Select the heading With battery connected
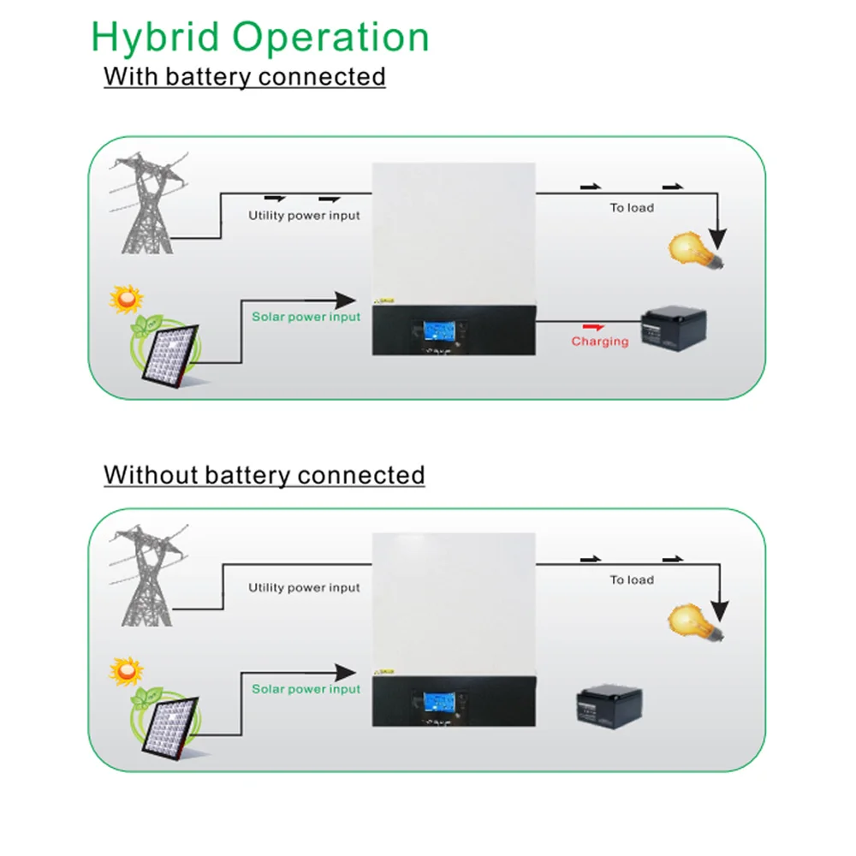point(245,76)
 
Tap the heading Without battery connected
point(264,474)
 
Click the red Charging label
point(600,342)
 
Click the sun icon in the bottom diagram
point(127,670)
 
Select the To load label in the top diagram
point(632,208)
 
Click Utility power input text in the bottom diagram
point(304,588)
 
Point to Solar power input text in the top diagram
point(306,317)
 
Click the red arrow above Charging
point(591,326)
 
